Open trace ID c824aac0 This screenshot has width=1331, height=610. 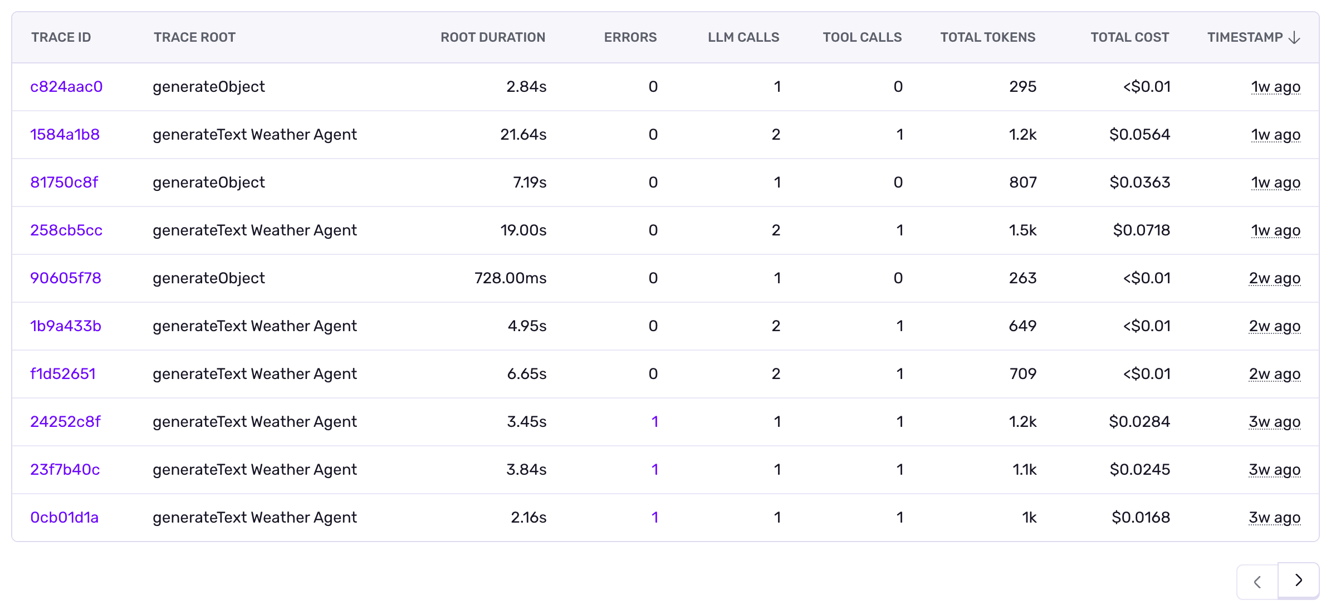(66, 87)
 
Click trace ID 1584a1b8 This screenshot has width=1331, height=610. (65, 135)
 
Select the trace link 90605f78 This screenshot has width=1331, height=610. (66, 278)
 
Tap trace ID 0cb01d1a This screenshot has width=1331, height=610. (64, 518)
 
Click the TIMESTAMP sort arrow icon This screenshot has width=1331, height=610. (1295, 38)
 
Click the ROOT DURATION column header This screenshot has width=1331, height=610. (492, 38)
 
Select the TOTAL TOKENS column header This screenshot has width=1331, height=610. (987, 38)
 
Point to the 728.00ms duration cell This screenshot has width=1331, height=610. (510, 278)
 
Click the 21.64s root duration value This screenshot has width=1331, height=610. (523, 135)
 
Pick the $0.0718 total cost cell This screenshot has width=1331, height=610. (1141, 230)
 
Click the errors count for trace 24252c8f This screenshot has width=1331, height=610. (655, 422)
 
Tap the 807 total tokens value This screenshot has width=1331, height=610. (1022, 183)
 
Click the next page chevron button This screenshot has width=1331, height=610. (1298, 581)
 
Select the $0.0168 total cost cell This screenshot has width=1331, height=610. (1141, 518)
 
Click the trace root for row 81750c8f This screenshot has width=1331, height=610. (209, 183)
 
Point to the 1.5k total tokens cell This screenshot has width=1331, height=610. (1022, 230)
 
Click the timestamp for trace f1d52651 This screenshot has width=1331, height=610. (1274, 374)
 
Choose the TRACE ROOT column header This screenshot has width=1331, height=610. (194, 38)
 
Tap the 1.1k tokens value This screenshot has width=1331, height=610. (1024, 470)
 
